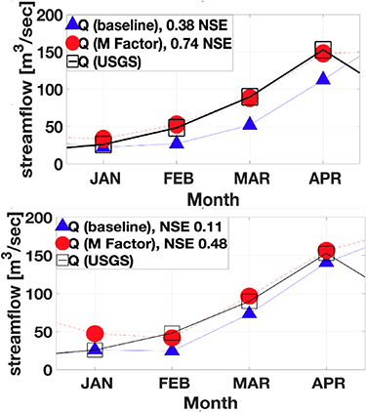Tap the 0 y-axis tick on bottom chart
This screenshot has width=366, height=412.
(x=49, y=370)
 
